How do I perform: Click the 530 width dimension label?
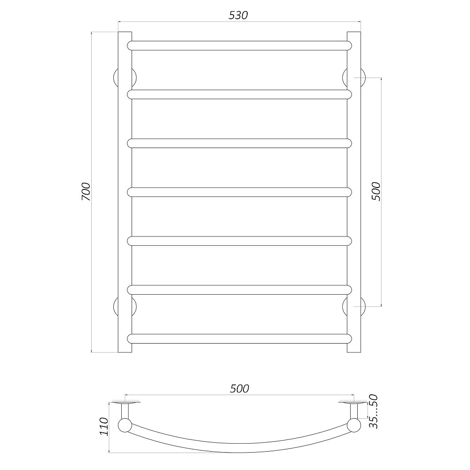click(238, 15)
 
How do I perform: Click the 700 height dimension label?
click(86, 192)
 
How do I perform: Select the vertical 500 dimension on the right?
click(376, 192)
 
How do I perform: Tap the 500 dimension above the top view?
click(239, 389)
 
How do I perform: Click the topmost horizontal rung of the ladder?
click(239, 46)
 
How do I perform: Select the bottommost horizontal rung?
click(239, 338)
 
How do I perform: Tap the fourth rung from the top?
click(239, 192)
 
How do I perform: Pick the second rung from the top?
click(239, 94)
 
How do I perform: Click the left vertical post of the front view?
click(125, 192)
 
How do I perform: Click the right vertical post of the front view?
click(353, 192)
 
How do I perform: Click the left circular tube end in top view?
click(125, 426)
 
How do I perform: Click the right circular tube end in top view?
click(353, 426)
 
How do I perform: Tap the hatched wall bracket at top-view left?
click(125, 402)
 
